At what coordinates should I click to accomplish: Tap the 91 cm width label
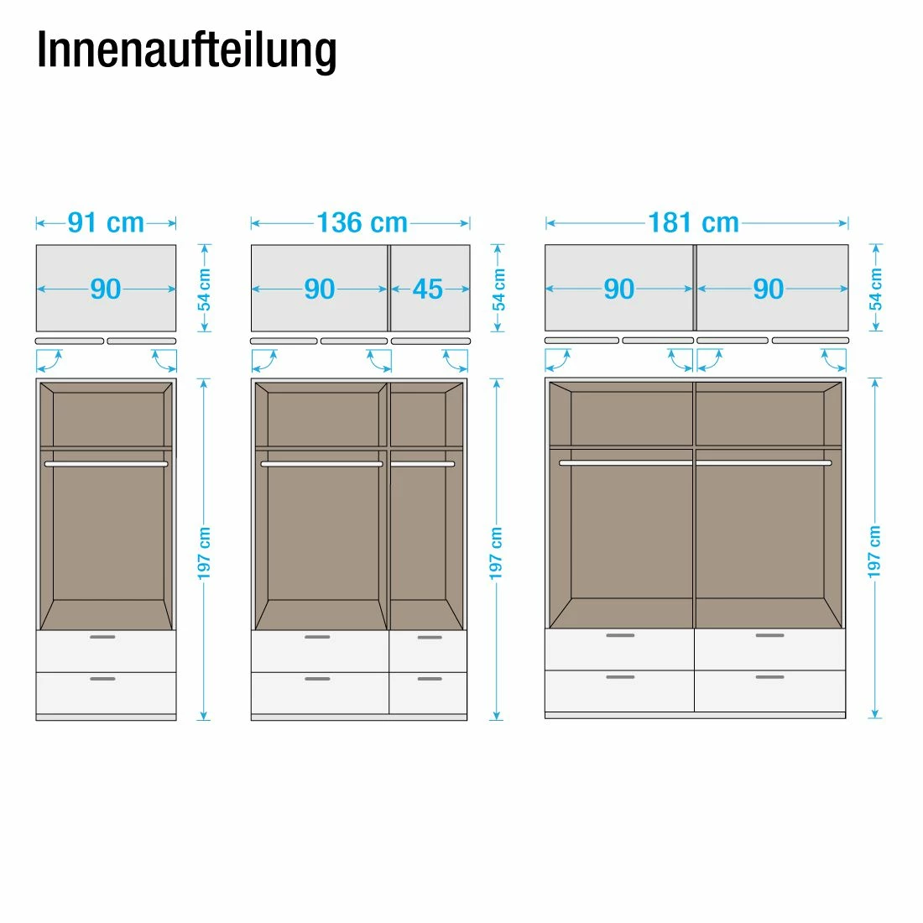point(106,223)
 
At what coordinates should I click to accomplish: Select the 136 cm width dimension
point(362,223)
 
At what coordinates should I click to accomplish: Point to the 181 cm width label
point(693,223)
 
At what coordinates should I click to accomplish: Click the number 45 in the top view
point(428,289)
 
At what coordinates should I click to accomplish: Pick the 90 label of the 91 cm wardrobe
point(106,289)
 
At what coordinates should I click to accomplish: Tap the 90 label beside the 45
point(320,289)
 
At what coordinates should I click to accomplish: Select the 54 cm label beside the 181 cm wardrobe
point(876,289)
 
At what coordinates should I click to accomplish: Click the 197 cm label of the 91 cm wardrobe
point(204,553)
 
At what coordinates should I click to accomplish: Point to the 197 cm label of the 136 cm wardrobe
point(496,553)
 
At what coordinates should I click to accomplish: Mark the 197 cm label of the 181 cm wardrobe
point(874,551)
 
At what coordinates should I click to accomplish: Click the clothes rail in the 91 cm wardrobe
point(106,463)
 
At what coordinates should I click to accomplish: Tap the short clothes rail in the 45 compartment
point(423,464)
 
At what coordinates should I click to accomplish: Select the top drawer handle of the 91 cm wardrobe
point(102,637)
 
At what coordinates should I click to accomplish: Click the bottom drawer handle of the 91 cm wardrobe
point(102,678)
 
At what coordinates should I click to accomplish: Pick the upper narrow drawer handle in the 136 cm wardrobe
point(430,638)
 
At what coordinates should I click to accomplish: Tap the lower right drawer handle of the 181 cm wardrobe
point(769,676)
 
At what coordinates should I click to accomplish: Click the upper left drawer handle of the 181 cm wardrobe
point(620,635)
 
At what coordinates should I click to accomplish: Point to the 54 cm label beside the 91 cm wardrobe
point(205,289)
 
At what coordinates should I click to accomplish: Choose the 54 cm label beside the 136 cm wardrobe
point(499,289)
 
